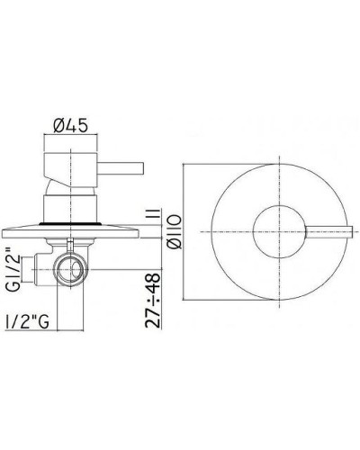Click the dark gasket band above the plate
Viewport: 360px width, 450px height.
[70, 220]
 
